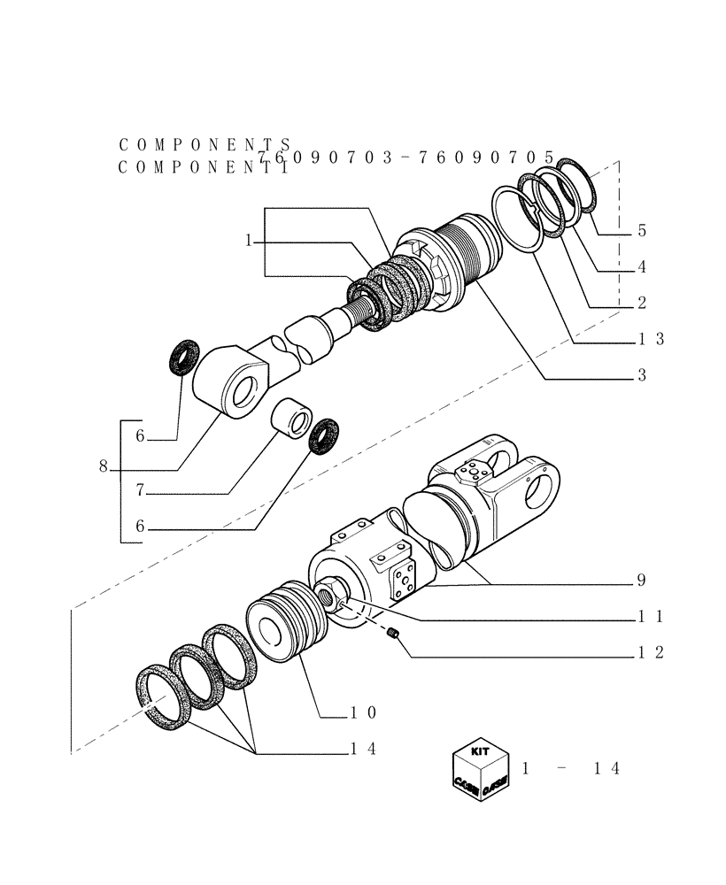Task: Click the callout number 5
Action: [641, 231]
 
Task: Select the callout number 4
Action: [641, 266]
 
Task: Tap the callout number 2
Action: [641, 303]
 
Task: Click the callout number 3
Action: [641, 375]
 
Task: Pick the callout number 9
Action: [641, 581]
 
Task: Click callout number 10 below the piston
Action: [363, 712]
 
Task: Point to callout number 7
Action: [140, 489]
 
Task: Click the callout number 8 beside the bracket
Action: [104, 467]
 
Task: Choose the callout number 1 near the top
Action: [250, 241]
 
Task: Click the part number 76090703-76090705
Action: [405, 157]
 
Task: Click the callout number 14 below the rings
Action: [363, 749]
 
